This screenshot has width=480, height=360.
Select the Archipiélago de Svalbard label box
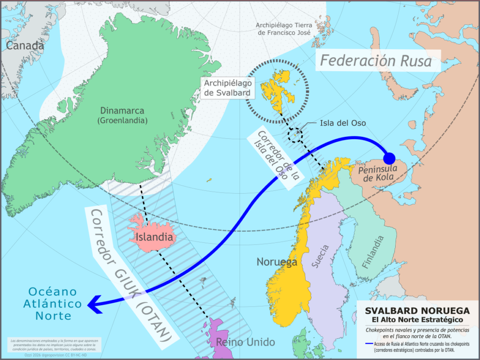coord(228,88)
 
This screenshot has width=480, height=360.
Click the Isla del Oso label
coord(342,123)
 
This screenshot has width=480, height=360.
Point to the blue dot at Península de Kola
coord(390,158)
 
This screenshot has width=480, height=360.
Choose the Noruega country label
coord(277,262)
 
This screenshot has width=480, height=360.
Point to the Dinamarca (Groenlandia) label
coord(122,115)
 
